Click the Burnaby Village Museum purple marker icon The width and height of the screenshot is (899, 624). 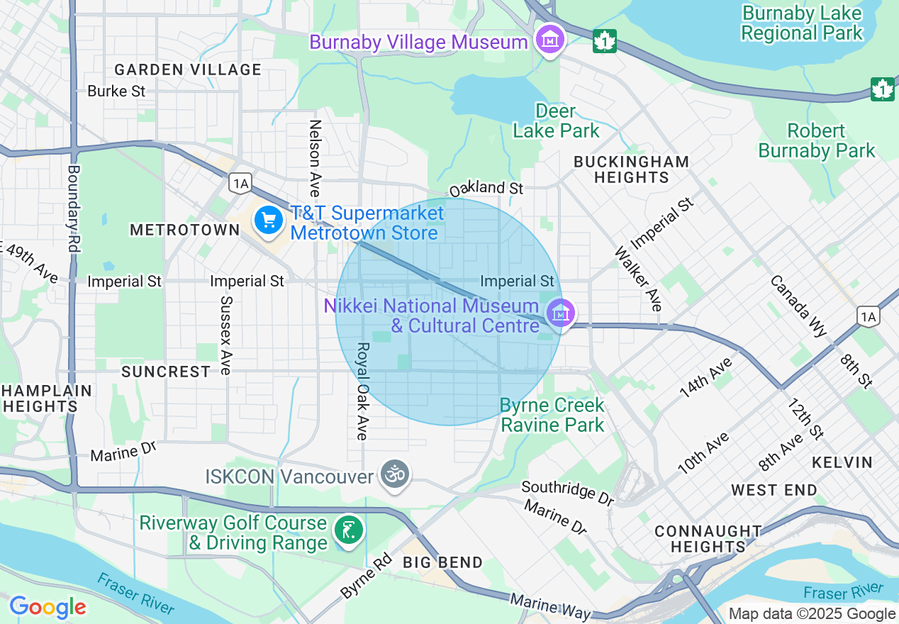[x=550, y=40]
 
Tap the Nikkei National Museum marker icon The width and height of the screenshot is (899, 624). [x=560, y=312]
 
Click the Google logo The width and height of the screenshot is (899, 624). [x=48, y=607]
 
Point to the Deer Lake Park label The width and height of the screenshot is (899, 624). [x=556, y=121]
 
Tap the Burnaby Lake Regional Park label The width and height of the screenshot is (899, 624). [x=802, y=23]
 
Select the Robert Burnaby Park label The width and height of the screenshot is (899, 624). [x=817, y=140]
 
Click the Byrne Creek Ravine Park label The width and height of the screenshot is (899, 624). [x=552, y=415]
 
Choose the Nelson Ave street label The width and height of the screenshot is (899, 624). [x=315, y=157]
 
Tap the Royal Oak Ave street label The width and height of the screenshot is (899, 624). [x=363, y=391]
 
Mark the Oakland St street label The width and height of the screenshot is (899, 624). [x=486, y=189]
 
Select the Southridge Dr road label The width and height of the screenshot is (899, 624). [x=567, y=493]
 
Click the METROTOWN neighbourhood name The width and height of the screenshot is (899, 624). [x=185, y=230]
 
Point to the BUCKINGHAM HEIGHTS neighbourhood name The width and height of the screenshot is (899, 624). [x=631, y=169]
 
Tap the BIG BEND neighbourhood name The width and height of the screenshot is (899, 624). [x=442, y=562]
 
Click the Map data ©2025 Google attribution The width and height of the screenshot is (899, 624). [x=812, y=614]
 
